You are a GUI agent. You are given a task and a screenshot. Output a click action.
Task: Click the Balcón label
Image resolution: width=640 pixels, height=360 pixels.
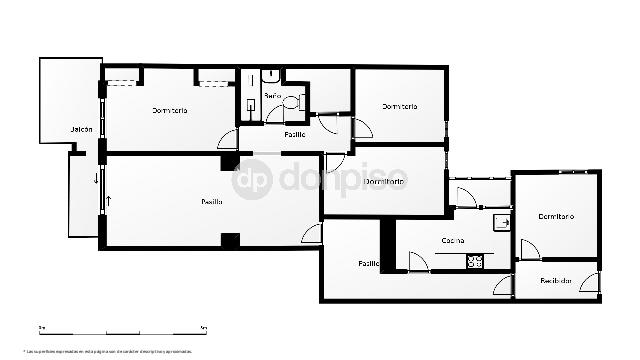pos(81,130)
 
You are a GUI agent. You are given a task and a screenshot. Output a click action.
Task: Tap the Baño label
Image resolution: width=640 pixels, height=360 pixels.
pos(272,95)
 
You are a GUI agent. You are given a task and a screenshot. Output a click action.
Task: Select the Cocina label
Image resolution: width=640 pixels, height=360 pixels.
pos(453,240)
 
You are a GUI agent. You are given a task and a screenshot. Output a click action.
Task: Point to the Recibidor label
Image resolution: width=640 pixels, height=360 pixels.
pos(557,281)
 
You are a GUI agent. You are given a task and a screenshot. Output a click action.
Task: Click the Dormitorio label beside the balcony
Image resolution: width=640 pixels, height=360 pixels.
pos(170,110)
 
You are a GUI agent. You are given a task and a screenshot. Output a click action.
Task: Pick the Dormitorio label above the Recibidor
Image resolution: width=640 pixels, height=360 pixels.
pos(555,216)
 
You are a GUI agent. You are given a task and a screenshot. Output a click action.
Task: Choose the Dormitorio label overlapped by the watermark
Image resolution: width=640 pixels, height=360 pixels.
pos(386,182)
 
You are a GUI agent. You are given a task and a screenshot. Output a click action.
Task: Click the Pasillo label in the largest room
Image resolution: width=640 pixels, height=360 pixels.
pos(211,202)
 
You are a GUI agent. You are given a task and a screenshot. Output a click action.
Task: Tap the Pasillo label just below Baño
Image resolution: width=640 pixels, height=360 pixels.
pos(294,134)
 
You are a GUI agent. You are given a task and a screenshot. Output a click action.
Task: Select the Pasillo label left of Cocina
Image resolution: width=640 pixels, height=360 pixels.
pos(369,263)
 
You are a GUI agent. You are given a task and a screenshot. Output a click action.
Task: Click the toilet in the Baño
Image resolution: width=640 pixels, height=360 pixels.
pos(291,101)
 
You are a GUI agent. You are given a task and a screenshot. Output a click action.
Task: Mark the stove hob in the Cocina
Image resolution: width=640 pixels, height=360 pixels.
pos(476,262)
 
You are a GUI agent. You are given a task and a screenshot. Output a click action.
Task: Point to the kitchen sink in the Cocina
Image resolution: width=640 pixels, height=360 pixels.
pos(503,222)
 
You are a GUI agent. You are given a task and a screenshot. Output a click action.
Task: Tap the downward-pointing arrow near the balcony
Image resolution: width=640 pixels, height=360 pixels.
pos(96,180)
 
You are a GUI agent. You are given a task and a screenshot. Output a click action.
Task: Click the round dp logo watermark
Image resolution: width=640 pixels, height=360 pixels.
pos(252,180)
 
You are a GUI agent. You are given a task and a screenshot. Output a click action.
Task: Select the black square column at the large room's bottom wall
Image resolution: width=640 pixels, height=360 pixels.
pos(230,240)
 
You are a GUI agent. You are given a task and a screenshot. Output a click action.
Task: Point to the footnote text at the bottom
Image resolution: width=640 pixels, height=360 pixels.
pos(110,351)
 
